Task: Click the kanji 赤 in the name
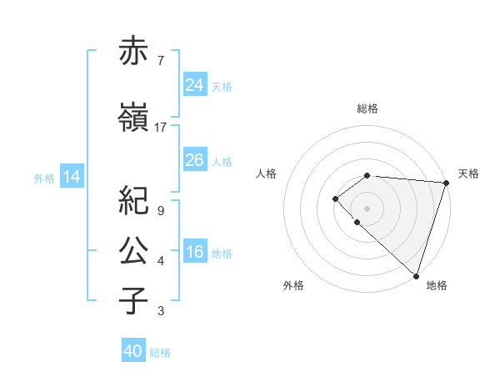134,52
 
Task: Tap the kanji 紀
134,201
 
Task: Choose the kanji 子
134,301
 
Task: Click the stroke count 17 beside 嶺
161,128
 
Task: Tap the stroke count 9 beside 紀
161,210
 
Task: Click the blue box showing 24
195,84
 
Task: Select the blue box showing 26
195,160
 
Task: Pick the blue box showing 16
195,252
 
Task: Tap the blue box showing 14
71,177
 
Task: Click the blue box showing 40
133,351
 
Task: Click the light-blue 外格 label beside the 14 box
43,178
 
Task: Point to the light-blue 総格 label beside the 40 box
160,353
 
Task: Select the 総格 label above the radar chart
367,108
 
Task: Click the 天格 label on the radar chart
468,173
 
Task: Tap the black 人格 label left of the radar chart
267,173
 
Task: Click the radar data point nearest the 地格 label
416,275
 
